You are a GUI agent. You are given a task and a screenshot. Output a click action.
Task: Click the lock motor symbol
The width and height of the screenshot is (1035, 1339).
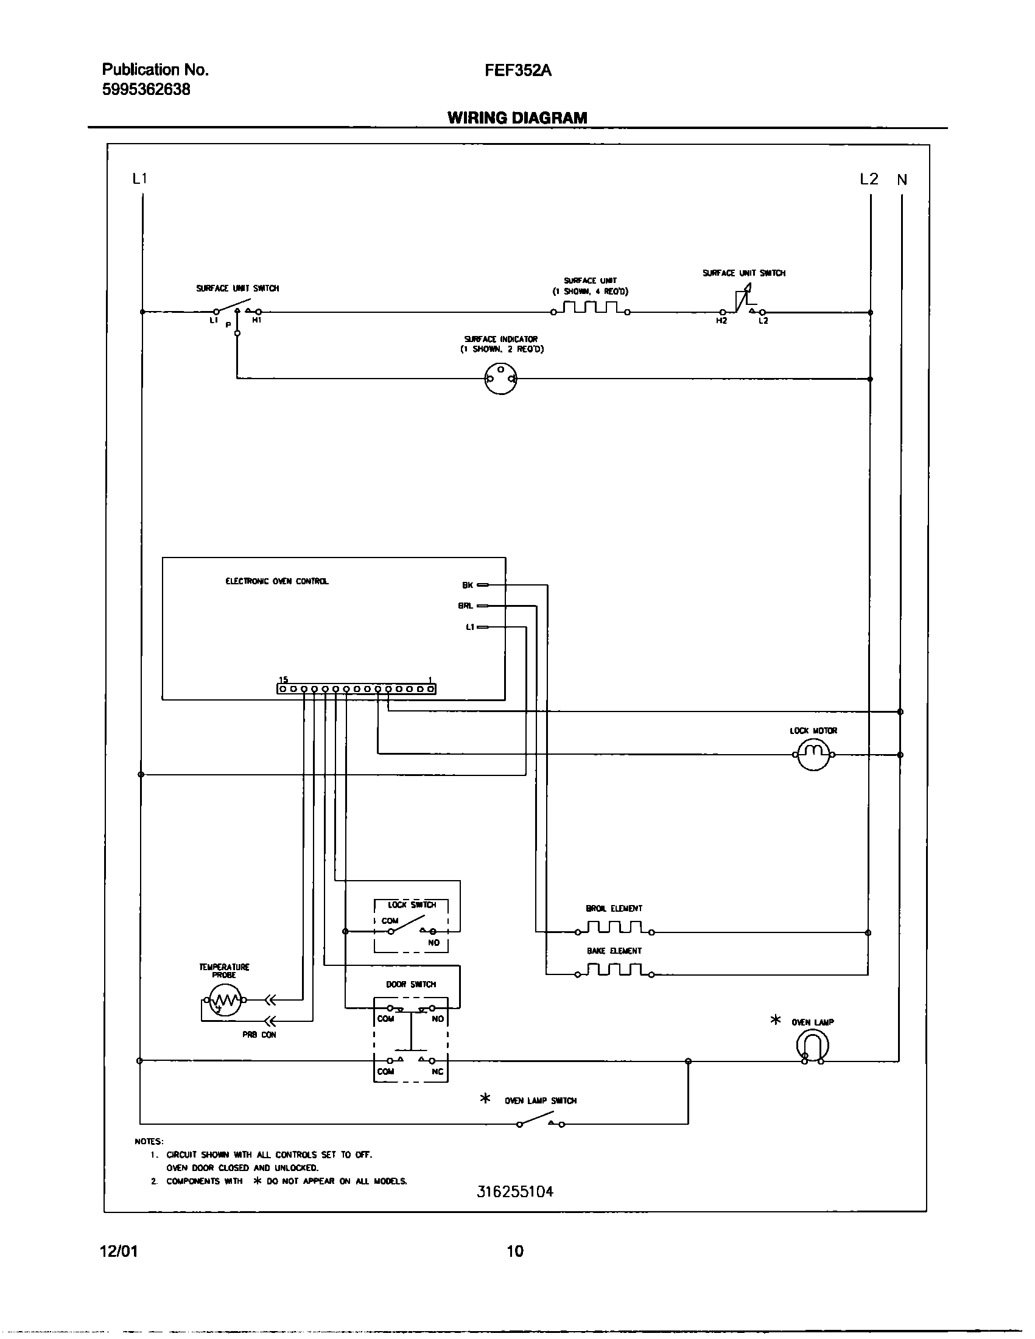coord(813,755)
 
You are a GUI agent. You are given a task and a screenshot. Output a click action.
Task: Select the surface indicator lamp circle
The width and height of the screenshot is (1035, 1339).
coord(500,379)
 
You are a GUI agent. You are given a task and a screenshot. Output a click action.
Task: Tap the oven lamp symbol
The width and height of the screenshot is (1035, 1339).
coord(812,1045)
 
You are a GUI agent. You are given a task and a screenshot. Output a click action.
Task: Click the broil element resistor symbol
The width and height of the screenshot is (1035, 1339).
coord(614,928)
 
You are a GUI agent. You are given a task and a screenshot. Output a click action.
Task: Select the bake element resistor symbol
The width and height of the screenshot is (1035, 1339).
coord(614,971)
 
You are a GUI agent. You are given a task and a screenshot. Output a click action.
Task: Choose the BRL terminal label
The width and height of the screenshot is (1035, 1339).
coord(465,606)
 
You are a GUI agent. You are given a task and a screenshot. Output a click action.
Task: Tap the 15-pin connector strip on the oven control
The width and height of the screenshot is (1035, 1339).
coord(356,689)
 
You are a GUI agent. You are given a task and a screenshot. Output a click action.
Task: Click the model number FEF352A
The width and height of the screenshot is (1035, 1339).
coord(517,71)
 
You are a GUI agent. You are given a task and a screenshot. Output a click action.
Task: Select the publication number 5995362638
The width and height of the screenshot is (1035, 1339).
coord(146,89)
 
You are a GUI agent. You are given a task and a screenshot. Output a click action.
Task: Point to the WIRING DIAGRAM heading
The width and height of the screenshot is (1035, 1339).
coord(517,117)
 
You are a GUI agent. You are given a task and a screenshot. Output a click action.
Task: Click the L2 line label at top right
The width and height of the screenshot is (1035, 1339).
coord(869,179)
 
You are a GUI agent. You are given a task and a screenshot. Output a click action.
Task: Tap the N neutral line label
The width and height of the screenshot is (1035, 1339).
coord(901,180)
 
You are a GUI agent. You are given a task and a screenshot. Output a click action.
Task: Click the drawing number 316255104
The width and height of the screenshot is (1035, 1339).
coord(515,1191)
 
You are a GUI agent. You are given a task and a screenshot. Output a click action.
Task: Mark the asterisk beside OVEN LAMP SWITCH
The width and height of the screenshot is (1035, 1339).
coord(485,1098)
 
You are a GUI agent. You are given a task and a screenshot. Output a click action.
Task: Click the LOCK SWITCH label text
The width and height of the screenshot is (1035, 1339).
coord(412,904)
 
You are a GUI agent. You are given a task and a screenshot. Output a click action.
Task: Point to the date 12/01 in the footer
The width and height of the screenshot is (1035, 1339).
coord(118,1250)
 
